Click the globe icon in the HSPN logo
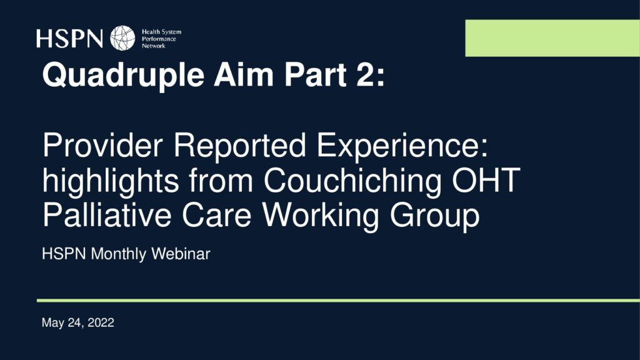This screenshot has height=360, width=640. (x=122, y=38)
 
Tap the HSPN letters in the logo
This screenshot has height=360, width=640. (x=69, y=38)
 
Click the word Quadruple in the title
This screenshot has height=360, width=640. (x=123, y=76)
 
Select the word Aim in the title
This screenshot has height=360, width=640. (x=244, y=75)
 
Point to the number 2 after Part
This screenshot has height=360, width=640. (x=365, y=74)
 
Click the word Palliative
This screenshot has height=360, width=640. (x=107, y=215)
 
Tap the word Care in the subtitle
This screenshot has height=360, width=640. (x=216, y=215)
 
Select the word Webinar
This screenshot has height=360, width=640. (x=181, y=254)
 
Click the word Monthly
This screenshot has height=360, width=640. (x=118, y=254)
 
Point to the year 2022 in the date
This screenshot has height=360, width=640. (x=101, y=322)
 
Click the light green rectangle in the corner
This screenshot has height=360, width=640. (x=552, y=38)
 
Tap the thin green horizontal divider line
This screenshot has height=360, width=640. (x=338, y=301)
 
